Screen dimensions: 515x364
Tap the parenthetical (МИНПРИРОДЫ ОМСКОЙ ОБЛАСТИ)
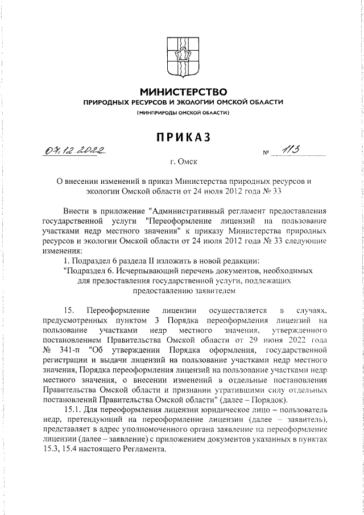coord(183,113)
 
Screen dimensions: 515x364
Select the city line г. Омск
coord(183,162)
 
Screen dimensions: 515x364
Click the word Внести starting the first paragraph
coord(77,212)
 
